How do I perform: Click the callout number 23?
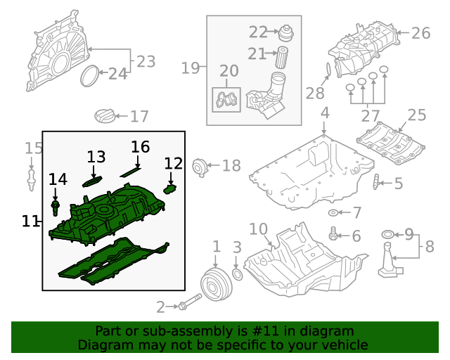tap(146, 62)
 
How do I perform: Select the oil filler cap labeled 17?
tap(103, 116)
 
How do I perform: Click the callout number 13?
tap(96, 157)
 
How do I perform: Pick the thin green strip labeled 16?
tap(130, 171)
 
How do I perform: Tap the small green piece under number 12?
tap(169, 188)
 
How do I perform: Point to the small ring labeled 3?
tap(237, 273)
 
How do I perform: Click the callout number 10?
tap(258, 229)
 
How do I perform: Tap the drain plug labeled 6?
tap(334, 235)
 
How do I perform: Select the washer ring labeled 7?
tap(333, 212)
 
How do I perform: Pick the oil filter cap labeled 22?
tap(285, 32)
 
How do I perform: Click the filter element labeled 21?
tap(281, 56)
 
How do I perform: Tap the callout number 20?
tap(229, 71)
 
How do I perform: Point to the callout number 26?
tap(420, 33)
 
